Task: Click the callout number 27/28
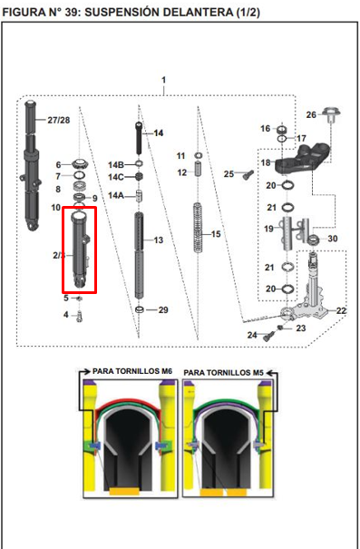point(59,121)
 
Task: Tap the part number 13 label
point(159,240)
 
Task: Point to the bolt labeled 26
point(331,115)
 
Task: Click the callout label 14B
point(116,164)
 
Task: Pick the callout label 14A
point(116,195)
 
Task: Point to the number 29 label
point(163,311)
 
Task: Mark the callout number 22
point(341,311)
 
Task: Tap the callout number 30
point(333,239)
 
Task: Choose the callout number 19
point(268,229)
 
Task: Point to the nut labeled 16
point(281,130)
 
